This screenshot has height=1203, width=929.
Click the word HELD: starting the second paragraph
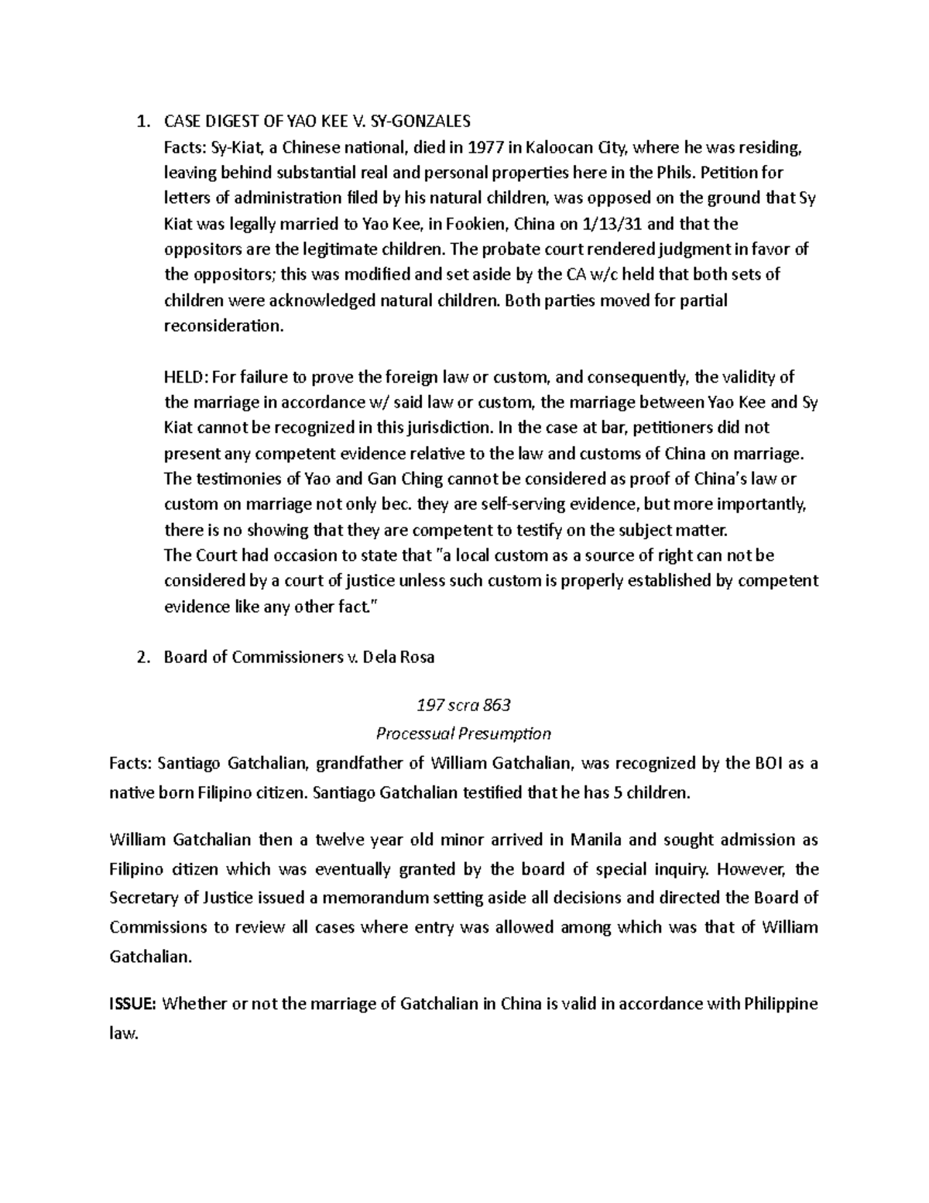coord(186,377)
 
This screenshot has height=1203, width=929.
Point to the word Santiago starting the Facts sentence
coord(190,764)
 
